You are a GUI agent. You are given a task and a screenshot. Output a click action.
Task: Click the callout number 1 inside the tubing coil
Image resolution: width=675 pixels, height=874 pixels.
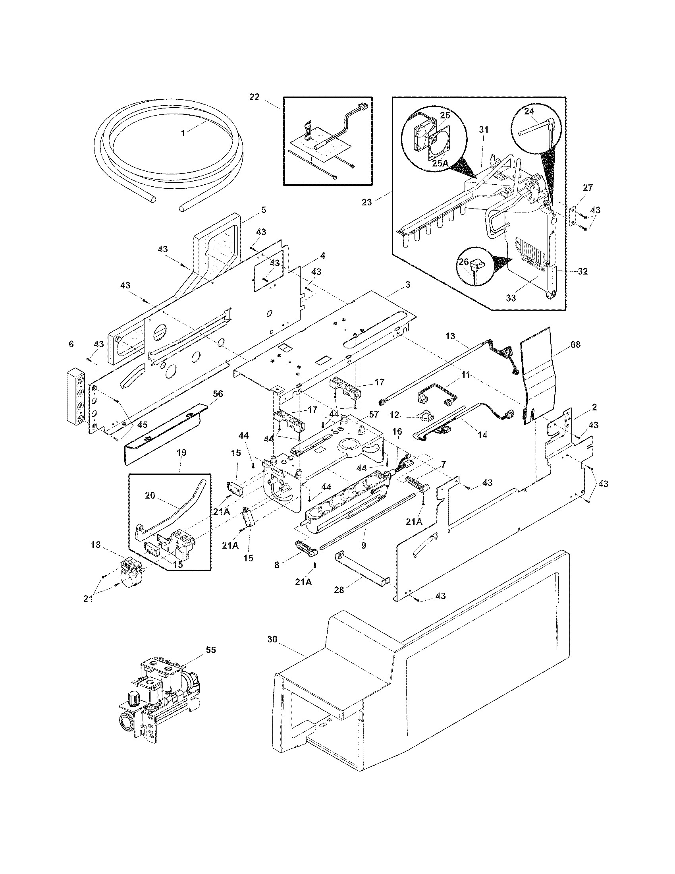pos(183,133)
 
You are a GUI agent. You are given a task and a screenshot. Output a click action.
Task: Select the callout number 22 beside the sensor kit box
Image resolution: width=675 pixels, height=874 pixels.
pos(255,97)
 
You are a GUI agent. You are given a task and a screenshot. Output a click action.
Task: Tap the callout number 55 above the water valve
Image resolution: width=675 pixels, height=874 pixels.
pos(210,650)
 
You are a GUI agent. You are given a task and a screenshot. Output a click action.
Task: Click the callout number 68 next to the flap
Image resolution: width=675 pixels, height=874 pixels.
pos(575,344)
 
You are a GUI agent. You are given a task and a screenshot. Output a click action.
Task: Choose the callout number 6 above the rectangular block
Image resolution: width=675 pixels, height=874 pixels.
pos(71,344)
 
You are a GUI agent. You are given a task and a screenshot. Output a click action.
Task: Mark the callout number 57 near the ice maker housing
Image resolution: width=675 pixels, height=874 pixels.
pos(374,415)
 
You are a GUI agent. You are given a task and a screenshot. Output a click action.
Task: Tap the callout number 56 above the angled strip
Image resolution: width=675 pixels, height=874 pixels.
pos(218,394)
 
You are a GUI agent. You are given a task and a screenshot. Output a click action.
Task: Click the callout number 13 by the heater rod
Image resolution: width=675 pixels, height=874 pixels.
pos(450,336)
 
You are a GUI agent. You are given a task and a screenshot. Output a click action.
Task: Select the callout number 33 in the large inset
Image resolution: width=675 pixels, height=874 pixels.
pos(511,298)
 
